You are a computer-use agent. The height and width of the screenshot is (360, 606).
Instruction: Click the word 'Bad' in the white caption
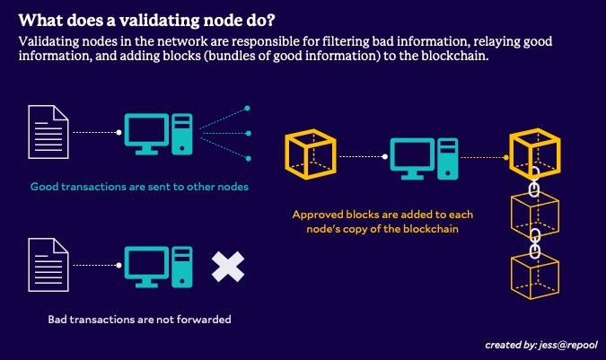click(x=58, y=320)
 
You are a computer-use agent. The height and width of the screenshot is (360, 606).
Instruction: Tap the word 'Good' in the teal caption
click(x=45, y=187)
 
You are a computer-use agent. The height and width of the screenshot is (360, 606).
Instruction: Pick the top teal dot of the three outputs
click(x=248, y=108)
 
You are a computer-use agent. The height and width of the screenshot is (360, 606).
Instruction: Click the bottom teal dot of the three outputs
click(x=248, y=158)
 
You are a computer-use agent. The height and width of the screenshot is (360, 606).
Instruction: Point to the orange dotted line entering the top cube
click(x=485, y=156)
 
